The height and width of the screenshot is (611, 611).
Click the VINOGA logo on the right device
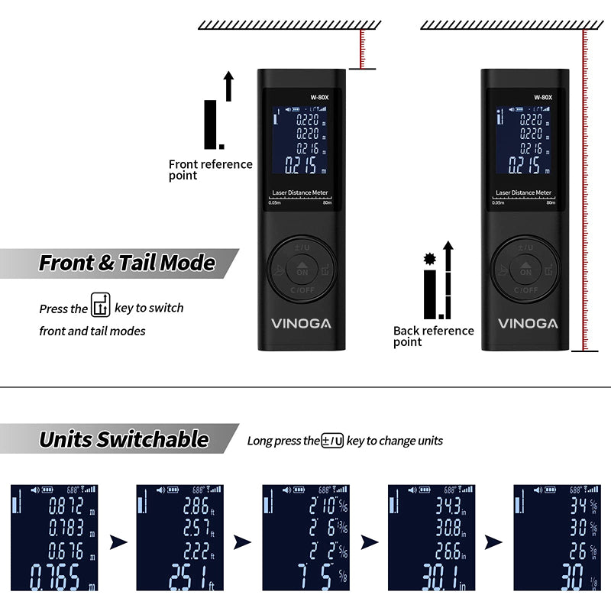coord(528,324)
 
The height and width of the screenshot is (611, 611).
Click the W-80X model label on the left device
coord(318,97)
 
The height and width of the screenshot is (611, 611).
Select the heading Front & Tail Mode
coord(127,263)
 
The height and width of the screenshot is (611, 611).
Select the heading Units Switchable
coord(124,439)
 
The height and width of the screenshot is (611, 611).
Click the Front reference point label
coord(210,170)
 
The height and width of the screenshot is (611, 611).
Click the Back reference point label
coord(433,336)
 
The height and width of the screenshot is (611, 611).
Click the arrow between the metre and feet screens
coord(118,542)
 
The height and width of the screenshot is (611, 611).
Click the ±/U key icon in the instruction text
coord(332,440)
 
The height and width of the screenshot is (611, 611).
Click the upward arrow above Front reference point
coord(228,85)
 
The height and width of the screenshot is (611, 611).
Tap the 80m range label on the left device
coord(328,202)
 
